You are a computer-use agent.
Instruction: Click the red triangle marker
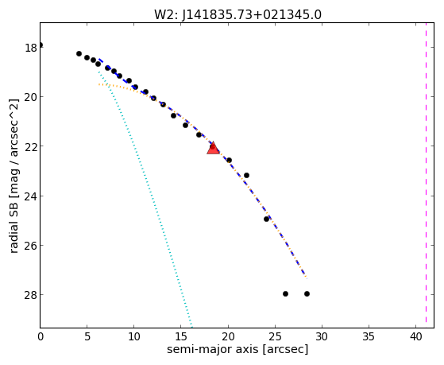coord(213,149)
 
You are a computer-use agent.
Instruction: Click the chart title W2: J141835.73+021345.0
coord(237,15)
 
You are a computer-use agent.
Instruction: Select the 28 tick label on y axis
coord(31,295)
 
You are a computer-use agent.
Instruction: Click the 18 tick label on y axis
coord(31,48)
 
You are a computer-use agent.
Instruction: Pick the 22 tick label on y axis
coord(31,146)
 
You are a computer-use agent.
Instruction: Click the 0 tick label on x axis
coord(41,337)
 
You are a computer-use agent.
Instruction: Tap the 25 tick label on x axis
coord(275,337)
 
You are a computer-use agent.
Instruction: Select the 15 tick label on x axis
coord(181,337)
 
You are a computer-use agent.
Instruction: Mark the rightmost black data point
coord(307,293)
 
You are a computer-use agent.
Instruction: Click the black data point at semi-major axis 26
coord(285,293)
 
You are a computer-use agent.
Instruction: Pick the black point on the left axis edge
coord(41,45)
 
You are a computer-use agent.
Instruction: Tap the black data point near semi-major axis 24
coord(266,219)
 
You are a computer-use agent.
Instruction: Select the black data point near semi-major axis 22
coord(247,175)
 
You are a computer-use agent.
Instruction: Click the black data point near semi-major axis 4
coord(79,53)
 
